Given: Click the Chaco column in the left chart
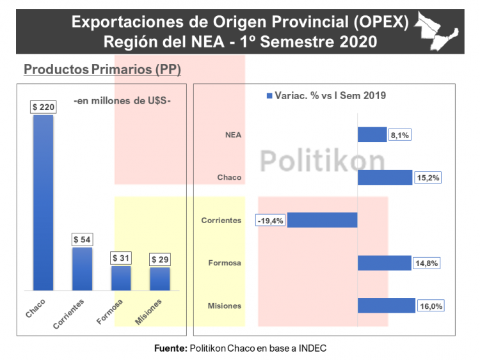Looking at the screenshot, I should point(43,203).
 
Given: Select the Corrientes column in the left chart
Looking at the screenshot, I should point(82,269).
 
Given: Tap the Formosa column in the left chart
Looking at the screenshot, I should point(121,278).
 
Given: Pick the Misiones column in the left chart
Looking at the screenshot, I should point(160,279).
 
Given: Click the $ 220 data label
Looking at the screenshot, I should point(43,107).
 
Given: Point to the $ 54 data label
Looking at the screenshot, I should point(82,240).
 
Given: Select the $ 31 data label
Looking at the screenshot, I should point(121,258).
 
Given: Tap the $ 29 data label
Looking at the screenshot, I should point(160,260).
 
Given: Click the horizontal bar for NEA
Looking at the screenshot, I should point(371,134).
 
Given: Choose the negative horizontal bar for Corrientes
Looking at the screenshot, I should point(322,220).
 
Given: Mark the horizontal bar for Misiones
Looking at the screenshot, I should point(386,306).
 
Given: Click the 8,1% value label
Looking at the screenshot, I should point(399,135).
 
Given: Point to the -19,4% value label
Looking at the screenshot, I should point(270,220).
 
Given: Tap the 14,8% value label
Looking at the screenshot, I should point(425,263).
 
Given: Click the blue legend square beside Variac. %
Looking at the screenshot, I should point(269,95).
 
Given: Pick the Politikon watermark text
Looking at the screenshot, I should point(323,160).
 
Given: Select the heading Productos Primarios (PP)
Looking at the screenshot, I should point(102,70).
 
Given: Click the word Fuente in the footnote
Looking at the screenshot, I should point(170,348).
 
